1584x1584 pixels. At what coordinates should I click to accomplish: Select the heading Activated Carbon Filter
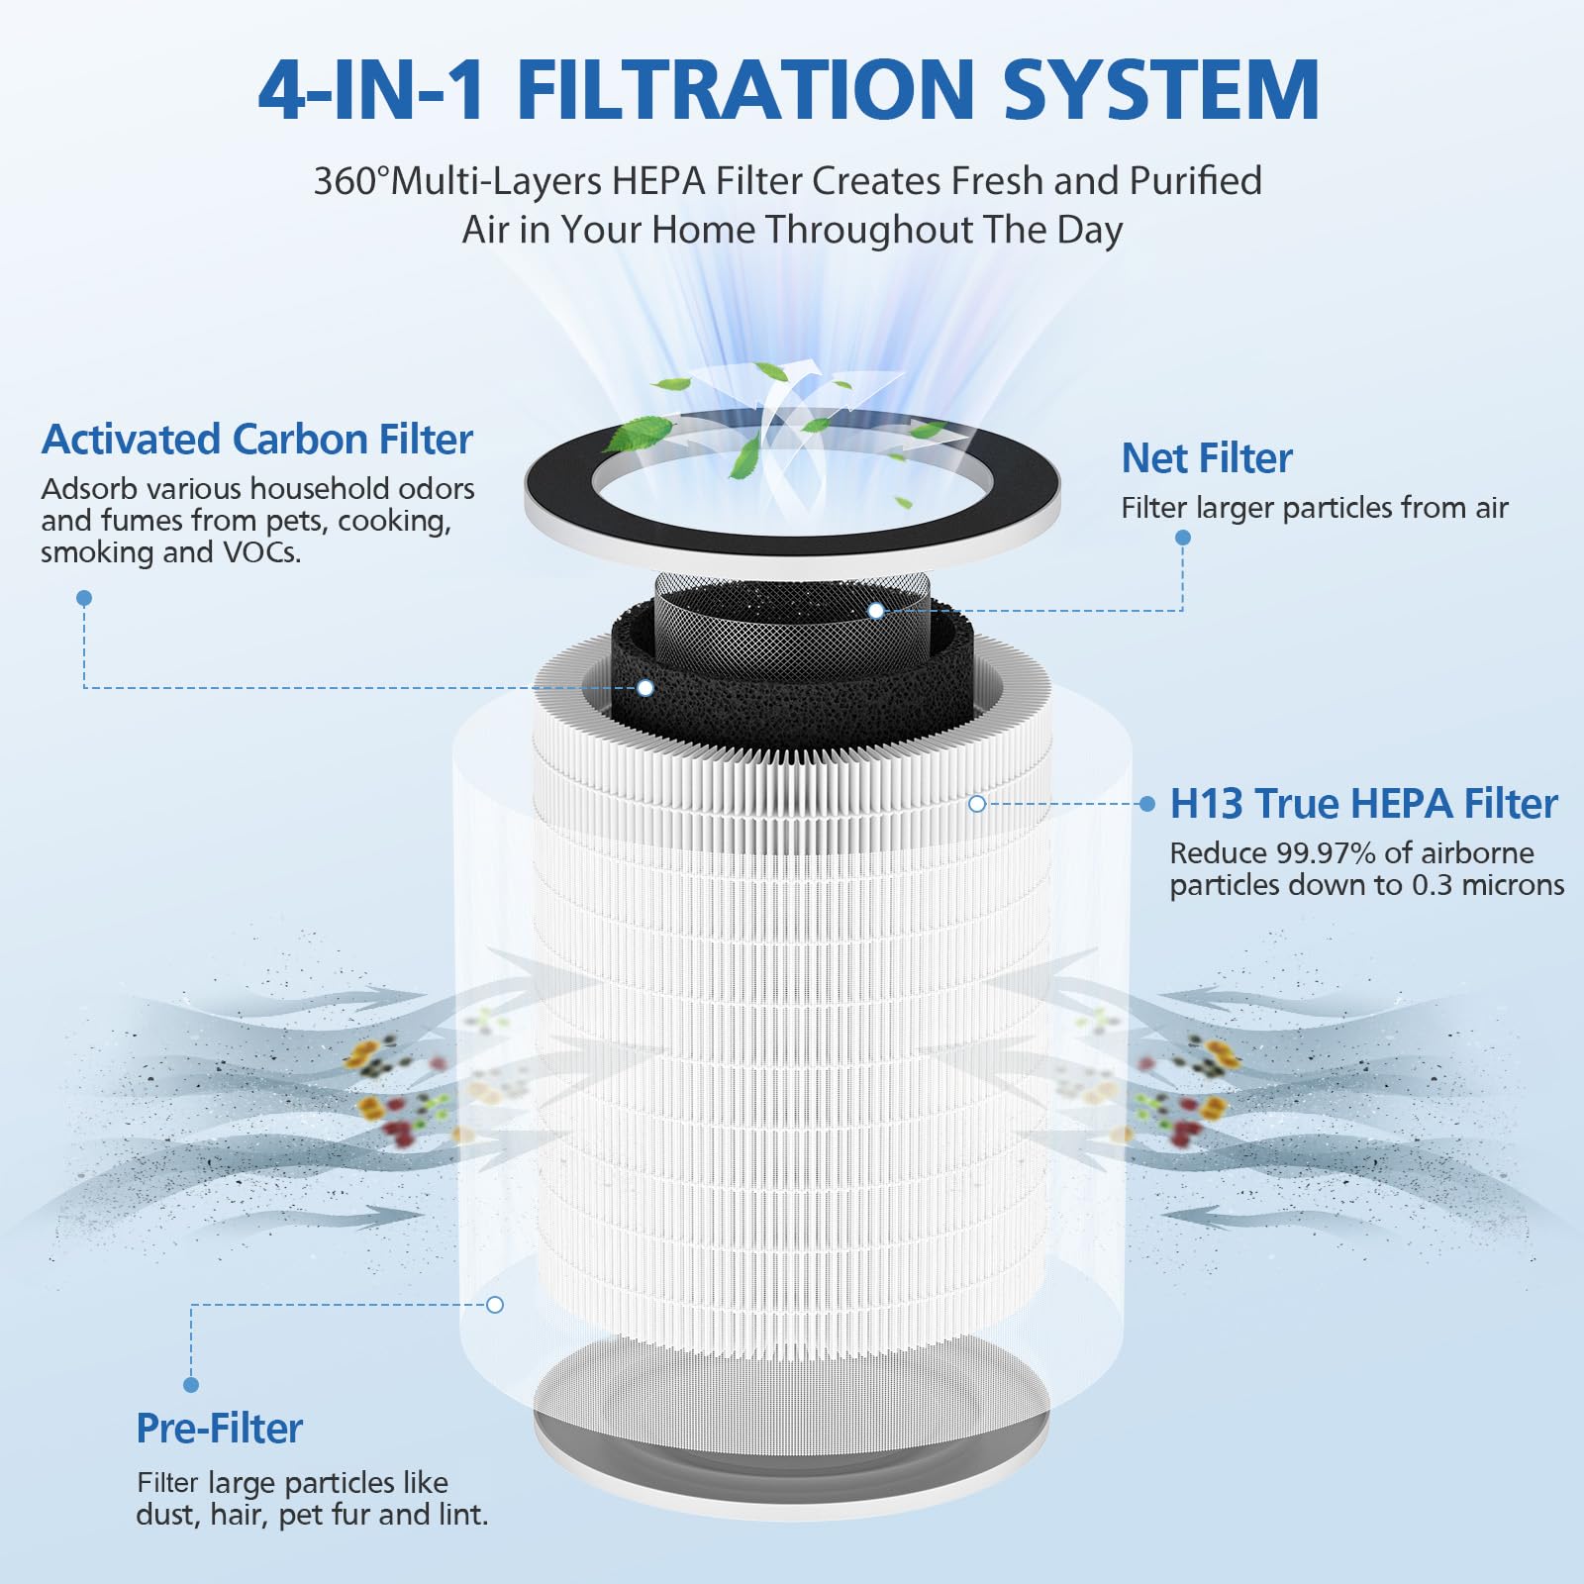257,440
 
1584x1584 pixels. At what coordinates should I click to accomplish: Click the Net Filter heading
1207,458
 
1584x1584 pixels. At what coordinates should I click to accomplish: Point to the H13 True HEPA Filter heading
1364,804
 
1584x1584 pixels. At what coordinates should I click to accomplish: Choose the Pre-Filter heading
220,1429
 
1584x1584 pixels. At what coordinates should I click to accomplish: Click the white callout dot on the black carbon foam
645,687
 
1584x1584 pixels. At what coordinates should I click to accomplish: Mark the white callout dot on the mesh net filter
875,611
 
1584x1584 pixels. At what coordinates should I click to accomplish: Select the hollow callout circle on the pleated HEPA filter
977,804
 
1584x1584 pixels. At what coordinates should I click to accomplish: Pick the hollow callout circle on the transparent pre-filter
495,1305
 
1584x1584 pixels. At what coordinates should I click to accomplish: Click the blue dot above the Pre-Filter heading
191,1385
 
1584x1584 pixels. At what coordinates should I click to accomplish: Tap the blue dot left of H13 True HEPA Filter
1147,804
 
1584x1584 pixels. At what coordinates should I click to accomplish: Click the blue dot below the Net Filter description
1183,538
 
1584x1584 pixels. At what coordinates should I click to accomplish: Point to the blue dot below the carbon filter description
84,598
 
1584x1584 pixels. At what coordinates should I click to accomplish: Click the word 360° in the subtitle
351,181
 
